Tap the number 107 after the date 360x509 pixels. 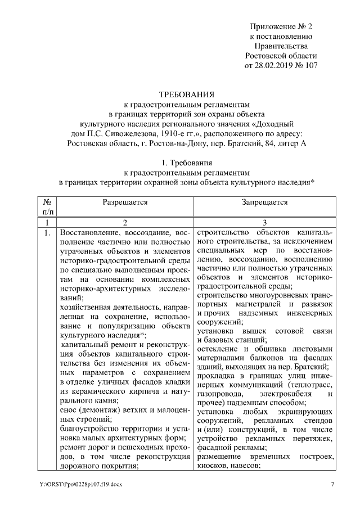click(x=310, y=66)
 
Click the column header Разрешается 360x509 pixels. click(x=125, y=201)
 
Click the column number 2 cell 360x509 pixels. click(x=125, y=223)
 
